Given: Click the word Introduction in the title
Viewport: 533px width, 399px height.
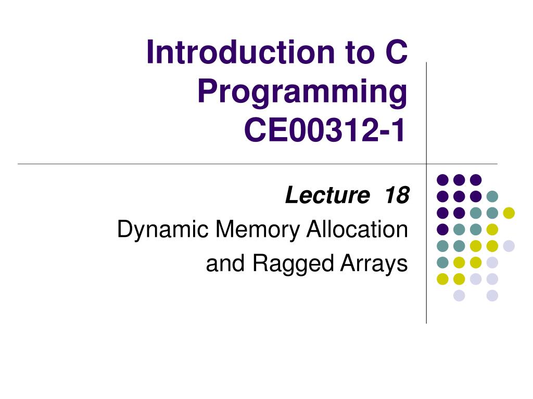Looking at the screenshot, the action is tap(240, 52).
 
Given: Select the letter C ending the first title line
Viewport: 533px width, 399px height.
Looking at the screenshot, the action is tap(396, 52).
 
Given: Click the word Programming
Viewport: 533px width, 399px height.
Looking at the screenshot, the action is tap(302, 91).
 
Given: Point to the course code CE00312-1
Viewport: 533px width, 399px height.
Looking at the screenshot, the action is tap(325, 130).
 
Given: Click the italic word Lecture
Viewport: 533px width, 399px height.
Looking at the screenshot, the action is tap(327, 195).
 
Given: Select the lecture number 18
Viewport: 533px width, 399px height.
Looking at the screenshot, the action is tap(397, 195).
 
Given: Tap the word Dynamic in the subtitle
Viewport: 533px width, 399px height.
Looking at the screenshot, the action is tap(162, 230).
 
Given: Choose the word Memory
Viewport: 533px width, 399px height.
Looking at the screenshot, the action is tap(257, 230).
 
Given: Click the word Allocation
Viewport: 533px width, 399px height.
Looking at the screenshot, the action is tap(357, 229).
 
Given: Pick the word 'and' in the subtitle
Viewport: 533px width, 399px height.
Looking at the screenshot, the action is tap(225, 263).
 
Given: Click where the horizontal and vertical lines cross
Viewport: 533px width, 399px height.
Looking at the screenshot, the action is tap(426, 164).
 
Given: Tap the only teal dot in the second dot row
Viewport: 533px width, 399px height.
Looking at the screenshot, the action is tap(492, 196).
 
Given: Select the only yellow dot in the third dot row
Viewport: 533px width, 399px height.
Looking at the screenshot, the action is tap(509, 212).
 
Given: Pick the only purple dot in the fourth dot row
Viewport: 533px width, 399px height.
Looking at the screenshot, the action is tap(442, 229).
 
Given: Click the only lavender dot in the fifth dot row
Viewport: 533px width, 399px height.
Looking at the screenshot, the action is tap(509, 246).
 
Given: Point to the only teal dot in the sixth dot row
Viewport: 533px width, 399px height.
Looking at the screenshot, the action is tap(442, 262).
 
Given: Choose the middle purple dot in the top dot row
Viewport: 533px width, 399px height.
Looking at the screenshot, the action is tap(459, 180).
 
